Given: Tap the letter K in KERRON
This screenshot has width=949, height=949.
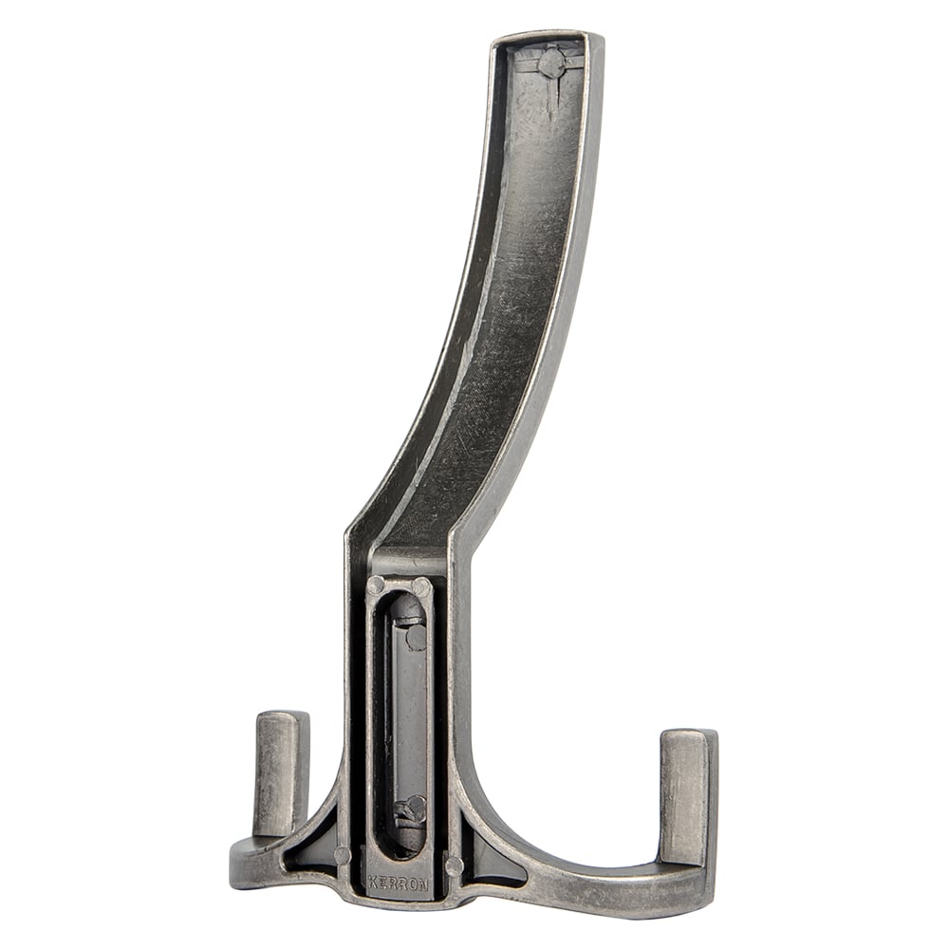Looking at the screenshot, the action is coord(372,882).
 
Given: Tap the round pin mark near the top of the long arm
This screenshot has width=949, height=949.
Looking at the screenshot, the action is coord(551,63).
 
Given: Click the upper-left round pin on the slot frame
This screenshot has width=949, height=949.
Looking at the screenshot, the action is coord(376,586).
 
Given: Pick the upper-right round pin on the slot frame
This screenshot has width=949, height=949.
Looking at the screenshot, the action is coord(421,586).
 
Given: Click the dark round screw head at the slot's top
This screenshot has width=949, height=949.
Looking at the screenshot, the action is coord(417,638).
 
